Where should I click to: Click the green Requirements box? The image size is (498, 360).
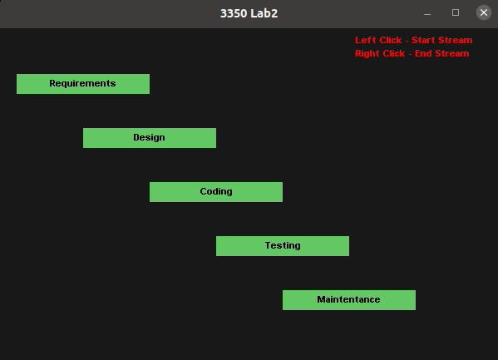click(83, 84)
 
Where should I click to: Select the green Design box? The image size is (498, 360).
click(150, 138)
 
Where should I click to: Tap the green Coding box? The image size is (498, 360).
click(216, 192)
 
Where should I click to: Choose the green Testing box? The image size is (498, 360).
click(283, 246)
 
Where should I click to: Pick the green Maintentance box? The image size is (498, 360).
click(349, 300)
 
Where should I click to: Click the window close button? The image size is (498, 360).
click(484, 12)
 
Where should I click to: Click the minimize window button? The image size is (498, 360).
click(427, 14)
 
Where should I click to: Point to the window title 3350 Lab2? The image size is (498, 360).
click(249, 13)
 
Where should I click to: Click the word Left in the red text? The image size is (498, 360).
click(365, 40)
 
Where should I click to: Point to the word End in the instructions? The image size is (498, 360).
click(423, 53)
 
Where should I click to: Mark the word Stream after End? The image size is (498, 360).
click(451, 53)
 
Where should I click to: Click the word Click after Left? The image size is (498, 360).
click(390, 40)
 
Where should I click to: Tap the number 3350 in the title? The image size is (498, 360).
click(234, 13)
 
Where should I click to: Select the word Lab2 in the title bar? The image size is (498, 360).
click(264, 13)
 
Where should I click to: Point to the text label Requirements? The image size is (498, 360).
click(82, 83)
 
